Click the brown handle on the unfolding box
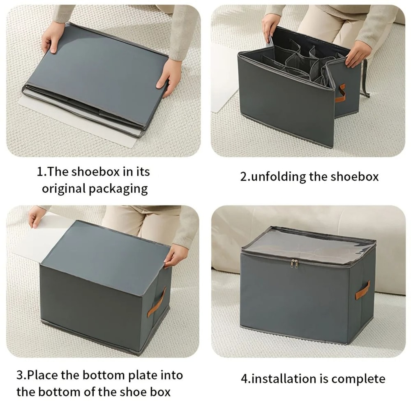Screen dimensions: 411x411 [340, 93]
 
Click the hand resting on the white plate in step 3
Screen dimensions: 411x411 [37, 216]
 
